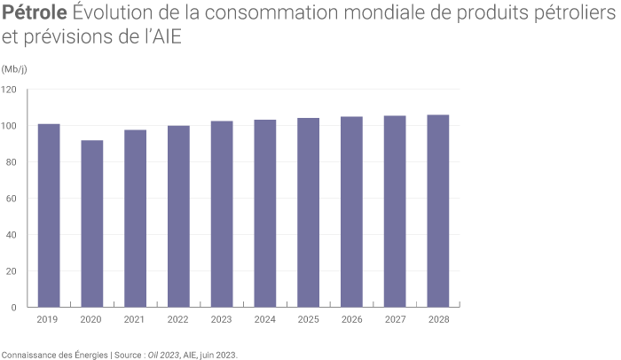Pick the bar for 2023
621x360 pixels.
222,214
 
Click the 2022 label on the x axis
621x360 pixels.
178,318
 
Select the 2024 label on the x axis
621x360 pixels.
265,318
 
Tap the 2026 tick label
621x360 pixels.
351,318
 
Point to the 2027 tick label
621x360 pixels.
395,318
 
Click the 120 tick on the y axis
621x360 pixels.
10,90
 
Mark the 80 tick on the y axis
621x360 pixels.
12,162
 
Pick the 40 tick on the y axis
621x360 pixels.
12,235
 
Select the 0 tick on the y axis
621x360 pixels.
14,308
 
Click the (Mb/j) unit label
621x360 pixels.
14,69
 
